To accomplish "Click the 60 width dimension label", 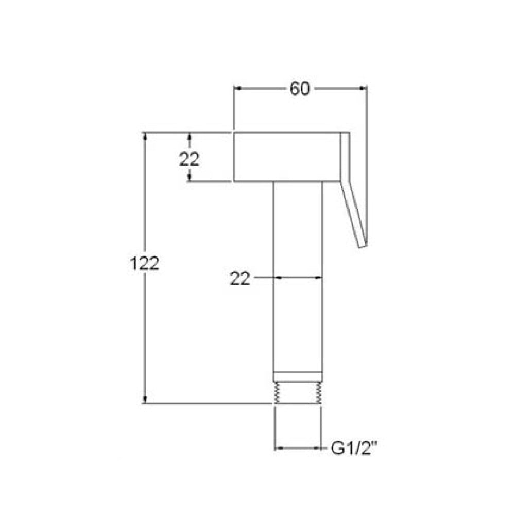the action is click(300, 89).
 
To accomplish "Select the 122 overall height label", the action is click(145, 263).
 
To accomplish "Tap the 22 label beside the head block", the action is click(190, 160).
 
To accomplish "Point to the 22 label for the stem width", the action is click(240, 279).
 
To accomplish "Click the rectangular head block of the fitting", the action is click(287, 157).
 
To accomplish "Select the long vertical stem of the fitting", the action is click(298, 277).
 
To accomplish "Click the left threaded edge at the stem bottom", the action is click(276, 393).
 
